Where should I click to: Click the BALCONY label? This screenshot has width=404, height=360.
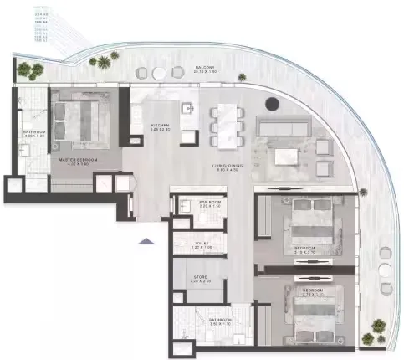(206, 69)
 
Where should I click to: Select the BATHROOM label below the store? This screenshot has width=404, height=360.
(214, 312)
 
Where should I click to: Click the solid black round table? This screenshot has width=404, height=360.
(272, 105)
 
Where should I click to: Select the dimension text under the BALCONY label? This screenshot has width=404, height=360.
(206, 74)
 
